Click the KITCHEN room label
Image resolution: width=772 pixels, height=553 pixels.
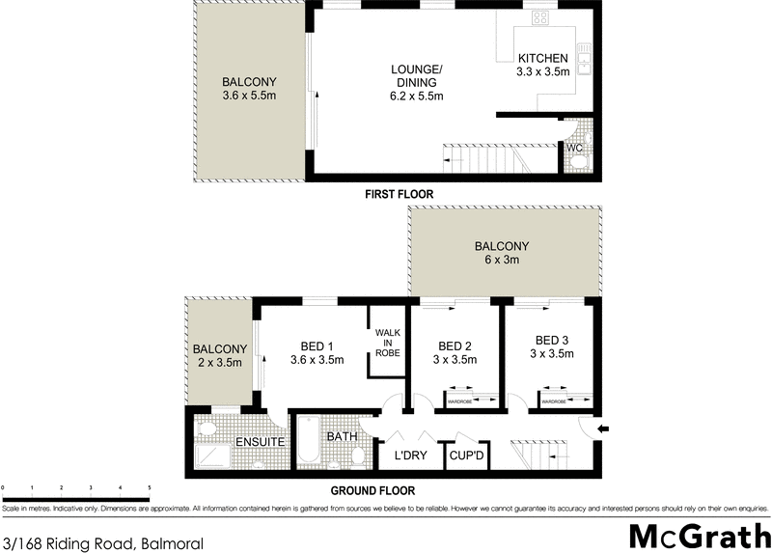click(542, 58)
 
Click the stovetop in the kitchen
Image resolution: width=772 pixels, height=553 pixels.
click(538, 18)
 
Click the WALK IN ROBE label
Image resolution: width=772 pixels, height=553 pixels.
click(388, 343)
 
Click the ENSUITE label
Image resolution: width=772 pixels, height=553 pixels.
click(260, 442)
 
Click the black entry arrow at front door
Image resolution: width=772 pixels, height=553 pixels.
click(603, 429)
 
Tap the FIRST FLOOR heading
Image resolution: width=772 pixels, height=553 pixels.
click(399, 194)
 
